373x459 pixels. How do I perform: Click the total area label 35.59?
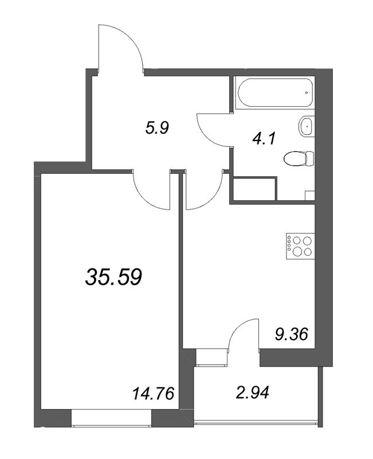113,277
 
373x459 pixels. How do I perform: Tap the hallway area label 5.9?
157,128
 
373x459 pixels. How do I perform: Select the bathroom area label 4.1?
264,138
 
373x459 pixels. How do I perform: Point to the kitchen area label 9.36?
292,334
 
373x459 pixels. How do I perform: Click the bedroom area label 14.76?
153,393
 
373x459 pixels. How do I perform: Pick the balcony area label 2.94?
252,392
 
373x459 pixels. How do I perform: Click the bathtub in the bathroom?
275,92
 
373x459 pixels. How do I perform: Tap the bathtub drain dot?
307,92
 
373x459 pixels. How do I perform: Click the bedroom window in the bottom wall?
111,418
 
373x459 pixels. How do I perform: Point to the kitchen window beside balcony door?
212,357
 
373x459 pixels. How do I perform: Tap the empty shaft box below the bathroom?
254,189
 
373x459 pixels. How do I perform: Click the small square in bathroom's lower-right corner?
310,196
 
